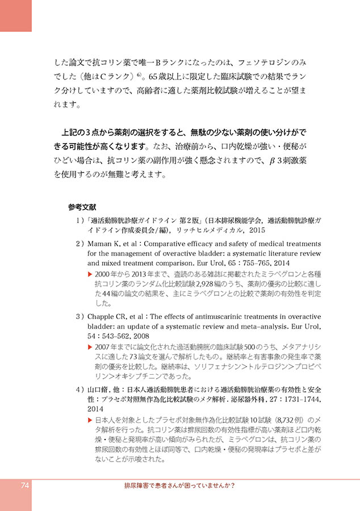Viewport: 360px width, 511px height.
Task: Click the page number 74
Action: (x=25, y=485)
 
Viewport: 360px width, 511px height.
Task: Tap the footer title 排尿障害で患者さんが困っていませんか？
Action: (x=180, y=486)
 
